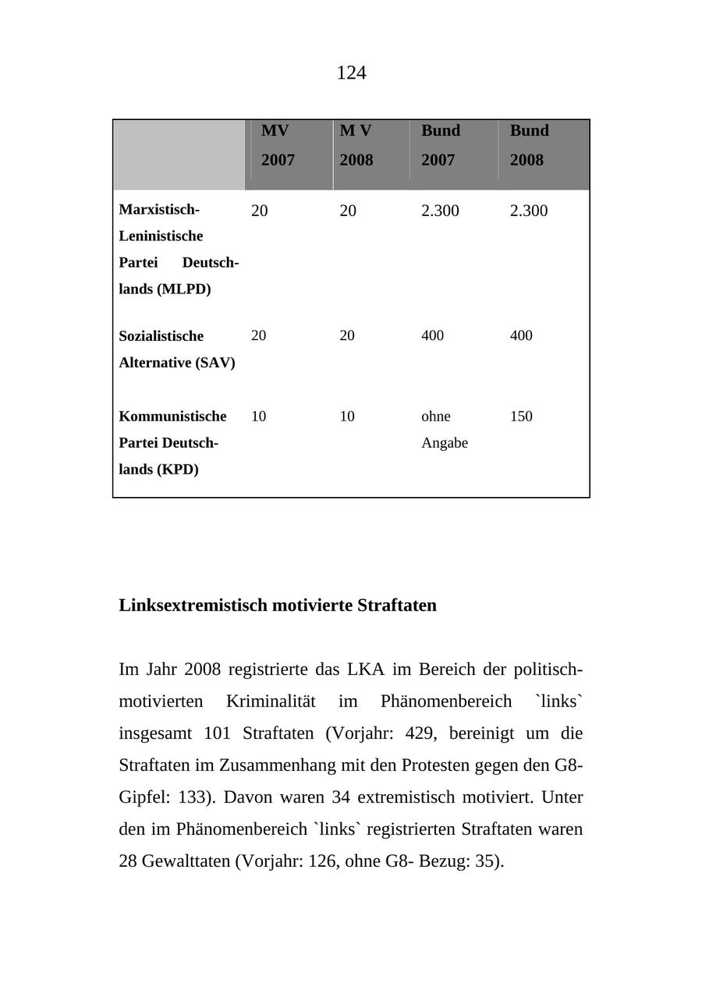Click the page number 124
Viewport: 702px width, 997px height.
(x=351, y=73)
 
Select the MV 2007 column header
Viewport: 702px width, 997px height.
(x=278, y=145)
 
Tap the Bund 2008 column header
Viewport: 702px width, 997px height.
(x=529, y=145)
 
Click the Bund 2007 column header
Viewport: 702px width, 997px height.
(x=441, y=145)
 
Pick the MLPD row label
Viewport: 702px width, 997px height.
(x=179, y=250)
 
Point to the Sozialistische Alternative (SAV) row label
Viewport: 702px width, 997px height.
(x=177, y=349)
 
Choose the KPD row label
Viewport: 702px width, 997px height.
(x=172, y=443)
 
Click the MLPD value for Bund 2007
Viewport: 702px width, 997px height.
(x=440, y=211)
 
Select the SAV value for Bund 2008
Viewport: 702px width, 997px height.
(x=521, y=335)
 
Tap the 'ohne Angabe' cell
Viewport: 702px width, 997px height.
(x=444, y=430)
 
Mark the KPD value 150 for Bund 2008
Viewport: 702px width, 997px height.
(x=521, y=417)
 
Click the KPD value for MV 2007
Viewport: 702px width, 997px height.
(x=258, y=417)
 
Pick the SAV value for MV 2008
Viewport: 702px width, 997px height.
(x=347, y=335)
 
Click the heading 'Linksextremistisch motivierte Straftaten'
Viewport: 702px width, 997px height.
(x=278, y=605)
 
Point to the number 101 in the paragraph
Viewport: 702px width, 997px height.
(x=217, y=733)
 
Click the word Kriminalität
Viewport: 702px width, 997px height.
(x=271, y=701)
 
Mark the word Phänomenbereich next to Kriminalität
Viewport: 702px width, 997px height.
(x=446, y=701)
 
